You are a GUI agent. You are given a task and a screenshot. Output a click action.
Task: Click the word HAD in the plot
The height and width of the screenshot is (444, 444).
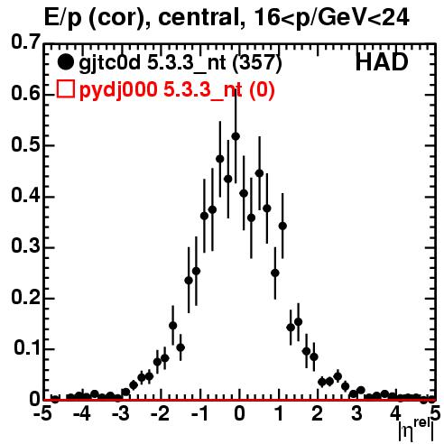click(x=382, y=62)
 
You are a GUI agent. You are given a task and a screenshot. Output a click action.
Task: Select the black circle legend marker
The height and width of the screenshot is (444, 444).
click(x=65, y=62)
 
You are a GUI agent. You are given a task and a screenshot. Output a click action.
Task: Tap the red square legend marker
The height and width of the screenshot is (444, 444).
click(x=65, y=89)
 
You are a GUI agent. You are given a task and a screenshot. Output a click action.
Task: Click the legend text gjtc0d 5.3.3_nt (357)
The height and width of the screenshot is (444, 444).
click(x=180, y=63)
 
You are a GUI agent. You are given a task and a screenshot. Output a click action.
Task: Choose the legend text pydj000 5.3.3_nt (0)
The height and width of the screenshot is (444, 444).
click(x=177, y=90)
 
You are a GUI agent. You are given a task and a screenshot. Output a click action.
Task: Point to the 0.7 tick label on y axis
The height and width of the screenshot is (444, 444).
click(x=26, y=42)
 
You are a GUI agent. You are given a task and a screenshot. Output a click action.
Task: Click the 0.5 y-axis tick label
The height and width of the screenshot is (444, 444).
click(x=26, y=145)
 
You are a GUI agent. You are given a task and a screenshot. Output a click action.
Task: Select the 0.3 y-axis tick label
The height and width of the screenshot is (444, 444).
click(x=26, y=246)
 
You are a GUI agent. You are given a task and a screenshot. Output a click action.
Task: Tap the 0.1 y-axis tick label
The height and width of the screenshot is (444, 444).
click(x=27, y=348)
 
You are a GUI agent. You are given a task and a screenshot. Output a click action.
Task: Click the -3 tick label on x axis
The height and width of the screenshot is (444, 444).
click(x=121, y=414)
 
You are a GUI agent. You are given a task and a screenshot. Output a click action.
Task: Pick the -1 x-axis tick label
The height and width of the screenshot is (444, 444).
click(x=199, y=414)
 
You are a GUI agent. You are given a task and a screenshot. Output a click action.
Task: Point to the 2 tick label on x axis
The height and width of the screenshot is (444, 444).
click(x=318, y=414)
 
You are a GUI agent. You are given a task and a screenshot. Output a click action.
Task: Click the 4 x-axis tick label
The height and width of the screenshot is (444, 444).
click(x=396, y=414)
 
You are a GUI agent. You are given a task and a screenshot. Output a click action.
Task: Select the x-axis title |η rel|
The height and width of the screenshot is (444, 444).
click(x=416, y=430)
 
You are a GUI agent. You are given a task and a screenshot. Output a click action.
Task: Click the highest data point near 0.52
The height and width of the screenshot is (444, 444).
click(x=236, y=136)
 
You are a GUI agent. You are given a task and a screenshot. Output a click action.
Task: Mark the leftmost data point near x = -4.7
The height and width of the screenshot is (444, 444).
click(x=55, y=399)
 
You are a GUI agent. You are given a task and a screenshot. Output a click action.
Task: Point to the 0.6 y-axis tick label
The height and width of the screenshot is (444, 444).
click(x=26, y=93)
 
